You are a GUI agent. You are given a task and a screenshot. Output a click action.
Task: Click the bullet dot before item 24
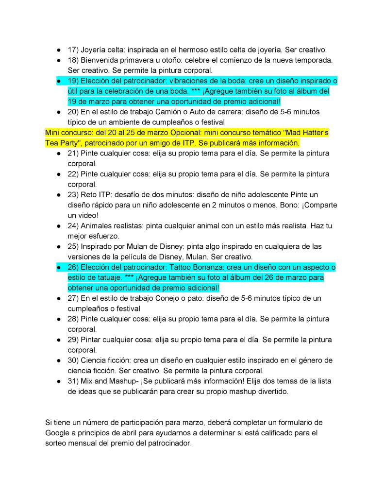[58, 226]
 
